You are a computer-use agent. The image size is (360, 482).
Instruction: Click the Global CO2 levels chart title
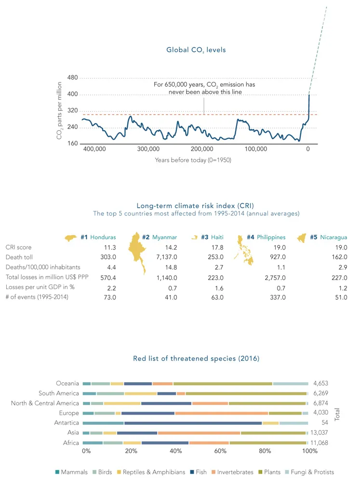coord(196,50)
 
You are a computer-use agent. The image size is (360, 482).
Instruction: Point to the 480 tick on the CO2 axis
coord(72,78)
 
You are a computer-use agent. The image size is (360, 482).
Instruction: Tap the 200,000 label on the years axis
coord(201,149)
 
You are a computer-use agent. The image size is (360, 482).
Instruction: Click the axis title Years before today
coord(193,160)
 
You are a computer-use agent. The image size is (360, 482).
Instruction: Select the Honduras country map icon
coord(71,238)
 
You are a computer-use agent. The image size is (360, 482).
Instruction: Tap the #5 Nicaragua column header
coord(328,237)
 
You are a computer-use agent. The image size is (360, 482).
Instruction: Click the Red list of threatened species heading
coord(196,359)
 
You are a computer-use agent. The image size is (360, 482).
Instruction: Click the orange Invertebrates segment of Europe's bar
coord(221,413)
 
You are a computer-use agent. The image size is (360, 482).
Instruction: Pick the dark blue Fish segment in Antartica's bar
coord(193,423)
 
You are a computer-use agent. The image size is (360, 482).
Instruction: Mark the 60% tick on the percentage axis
coord(220,451)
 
